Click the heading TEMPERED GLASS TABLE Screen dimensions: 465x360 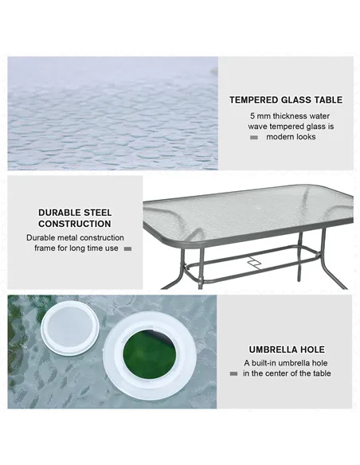pyautogui.click(x=286, y=100)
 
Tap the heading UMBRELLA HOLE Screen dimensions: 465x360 pyautogui.click(x=286, y=350)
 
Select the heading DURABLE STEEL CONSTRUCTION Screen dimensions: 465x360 pyautogui.click(x=75, y=218)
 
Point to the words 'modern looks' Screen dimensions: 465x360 pyautogui.click(x=291, y=137)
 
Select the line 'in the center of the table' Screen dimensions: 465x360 pyautogui.click(x=288, y=373)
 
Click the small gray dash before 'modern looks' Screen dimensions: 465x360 pyautogui.click(x=254, y=138)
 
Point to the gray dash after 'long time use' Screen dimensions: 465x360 pyautogui.click(x=127, y=249)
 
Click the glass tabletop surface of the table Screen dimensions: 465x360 pyautogui.click(x=247, y=211)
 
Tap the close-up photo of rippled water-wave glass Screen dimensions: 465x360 pyautogui.click(x=112, y=112)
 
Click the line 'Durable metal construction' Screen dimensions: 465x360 pyautogui.click(x=75, y=237)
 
